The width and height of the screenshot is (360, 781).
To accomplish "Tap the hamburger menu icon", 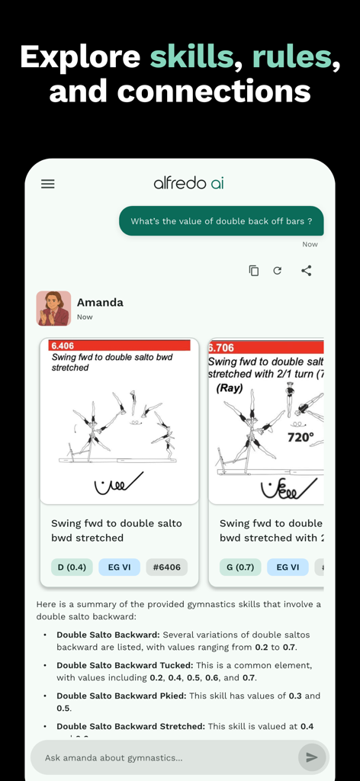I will tap(47, 184).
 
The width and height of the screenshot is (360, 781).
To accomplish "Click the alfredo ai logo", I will tap(188, 183).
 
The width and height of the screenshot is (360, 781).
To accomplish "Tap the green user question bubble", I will tap(221, 221).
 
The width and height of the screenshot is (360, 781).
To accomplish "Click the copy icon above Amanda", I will tap(254, 271).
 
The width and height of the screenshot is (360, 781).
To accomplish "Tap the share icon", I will tap(306, 271).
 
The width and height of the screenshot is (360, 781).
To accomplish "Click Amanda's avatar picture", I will tap(53, 308).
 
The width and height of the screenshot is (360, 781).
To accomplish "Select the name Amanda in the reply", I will tap(100, 302).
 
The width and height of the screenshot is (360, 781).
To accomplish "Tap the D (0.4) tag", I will tap(71, 567).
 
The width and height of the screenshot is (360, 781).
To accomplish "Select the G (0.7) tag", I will tap(239, 567).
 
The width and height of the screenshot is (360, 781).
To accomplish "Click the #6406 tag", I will tap(166, 567).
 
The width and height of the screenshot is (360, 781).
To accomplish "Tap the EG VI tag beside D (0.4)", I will tap(119, 567).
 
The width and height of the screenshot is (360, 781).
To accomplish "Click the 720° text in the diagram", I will tap(301, 438).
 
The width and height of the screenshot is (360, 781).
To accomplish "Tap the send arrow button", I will tap(312, 757).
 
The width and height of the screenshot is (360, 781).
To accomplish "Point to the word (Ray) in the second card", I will tap(230, 387).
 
